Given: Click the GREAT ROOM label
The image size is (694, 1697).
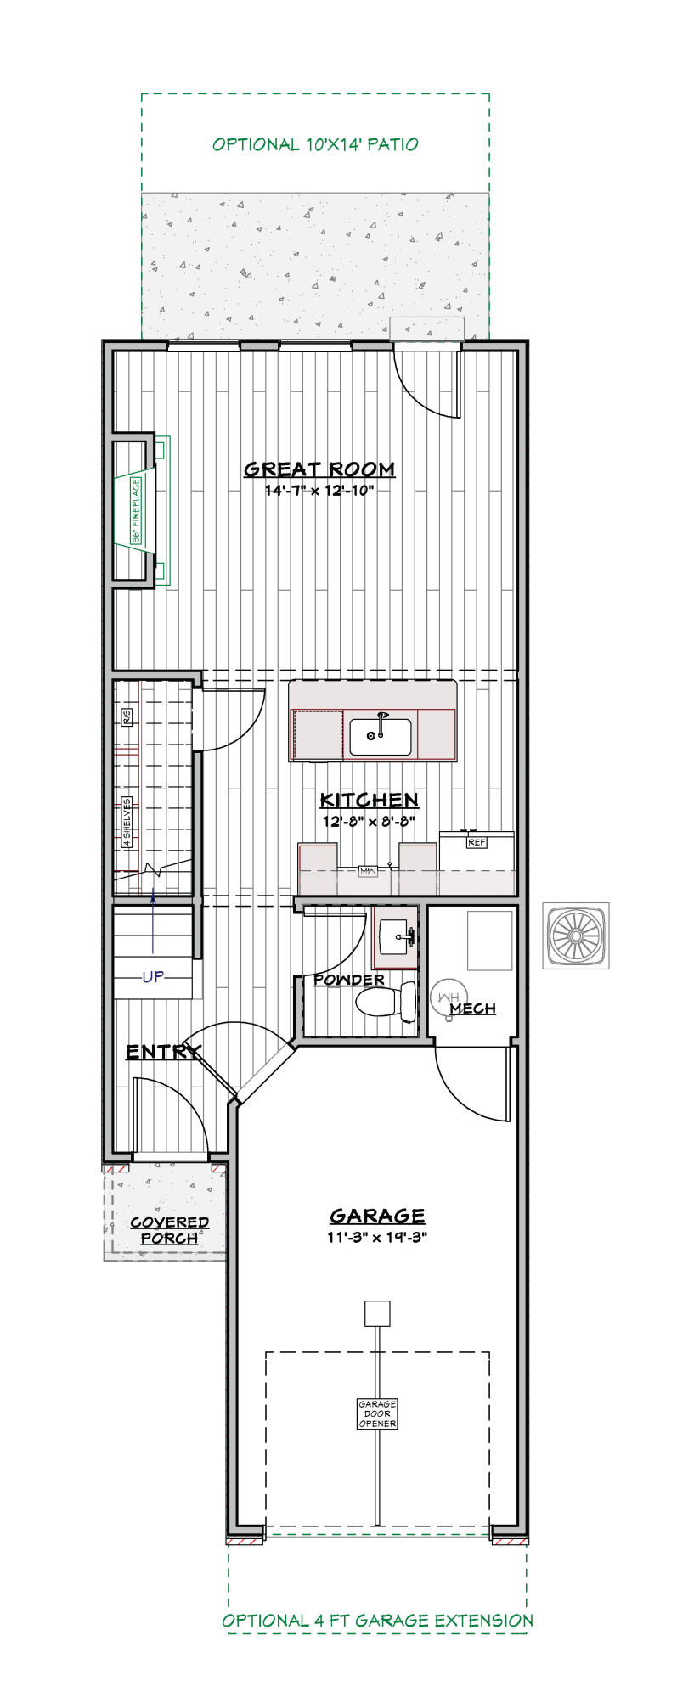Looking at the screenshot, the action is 319,469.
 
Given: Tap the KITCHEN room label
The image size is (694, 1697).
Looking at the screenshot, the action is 369,800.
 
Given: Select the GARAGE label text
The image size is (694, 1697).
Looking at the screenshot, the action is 377,1216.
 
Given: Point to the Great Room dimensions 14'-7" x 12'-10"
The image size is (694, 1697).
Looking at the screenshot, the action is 319,490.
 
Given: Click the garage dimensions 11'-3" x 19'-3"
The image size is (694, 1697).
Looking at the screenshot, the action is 377,1237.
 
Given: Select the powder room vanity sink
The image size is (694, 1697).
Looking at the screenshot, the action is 395,937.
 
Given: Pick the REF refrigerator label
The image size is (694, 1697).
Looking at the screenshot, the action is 477,842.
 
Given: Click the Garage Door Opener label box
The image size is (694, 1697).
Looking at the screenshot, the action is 377,1413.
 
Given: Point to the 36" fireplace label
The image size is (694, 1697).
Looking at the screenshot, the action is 136,510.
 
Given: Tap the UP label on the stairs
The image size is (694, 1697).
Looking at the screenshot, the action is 153,977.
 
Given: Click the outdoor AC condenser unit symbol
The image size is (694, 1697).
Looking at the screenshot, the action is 576,935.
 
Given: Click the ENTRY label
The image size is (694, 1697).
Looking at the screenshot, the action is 163,1052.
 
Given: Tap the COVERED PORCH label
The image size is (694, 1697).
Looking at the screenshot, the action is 169,1230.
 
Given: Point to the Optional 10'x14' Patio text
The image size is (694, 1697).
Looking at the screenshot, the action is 315,144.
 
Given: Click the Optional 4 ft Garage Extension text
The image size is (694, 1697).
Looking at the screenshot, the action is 378,1620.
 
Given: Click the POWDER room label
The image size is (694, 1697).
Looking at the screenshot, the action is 349,980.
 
